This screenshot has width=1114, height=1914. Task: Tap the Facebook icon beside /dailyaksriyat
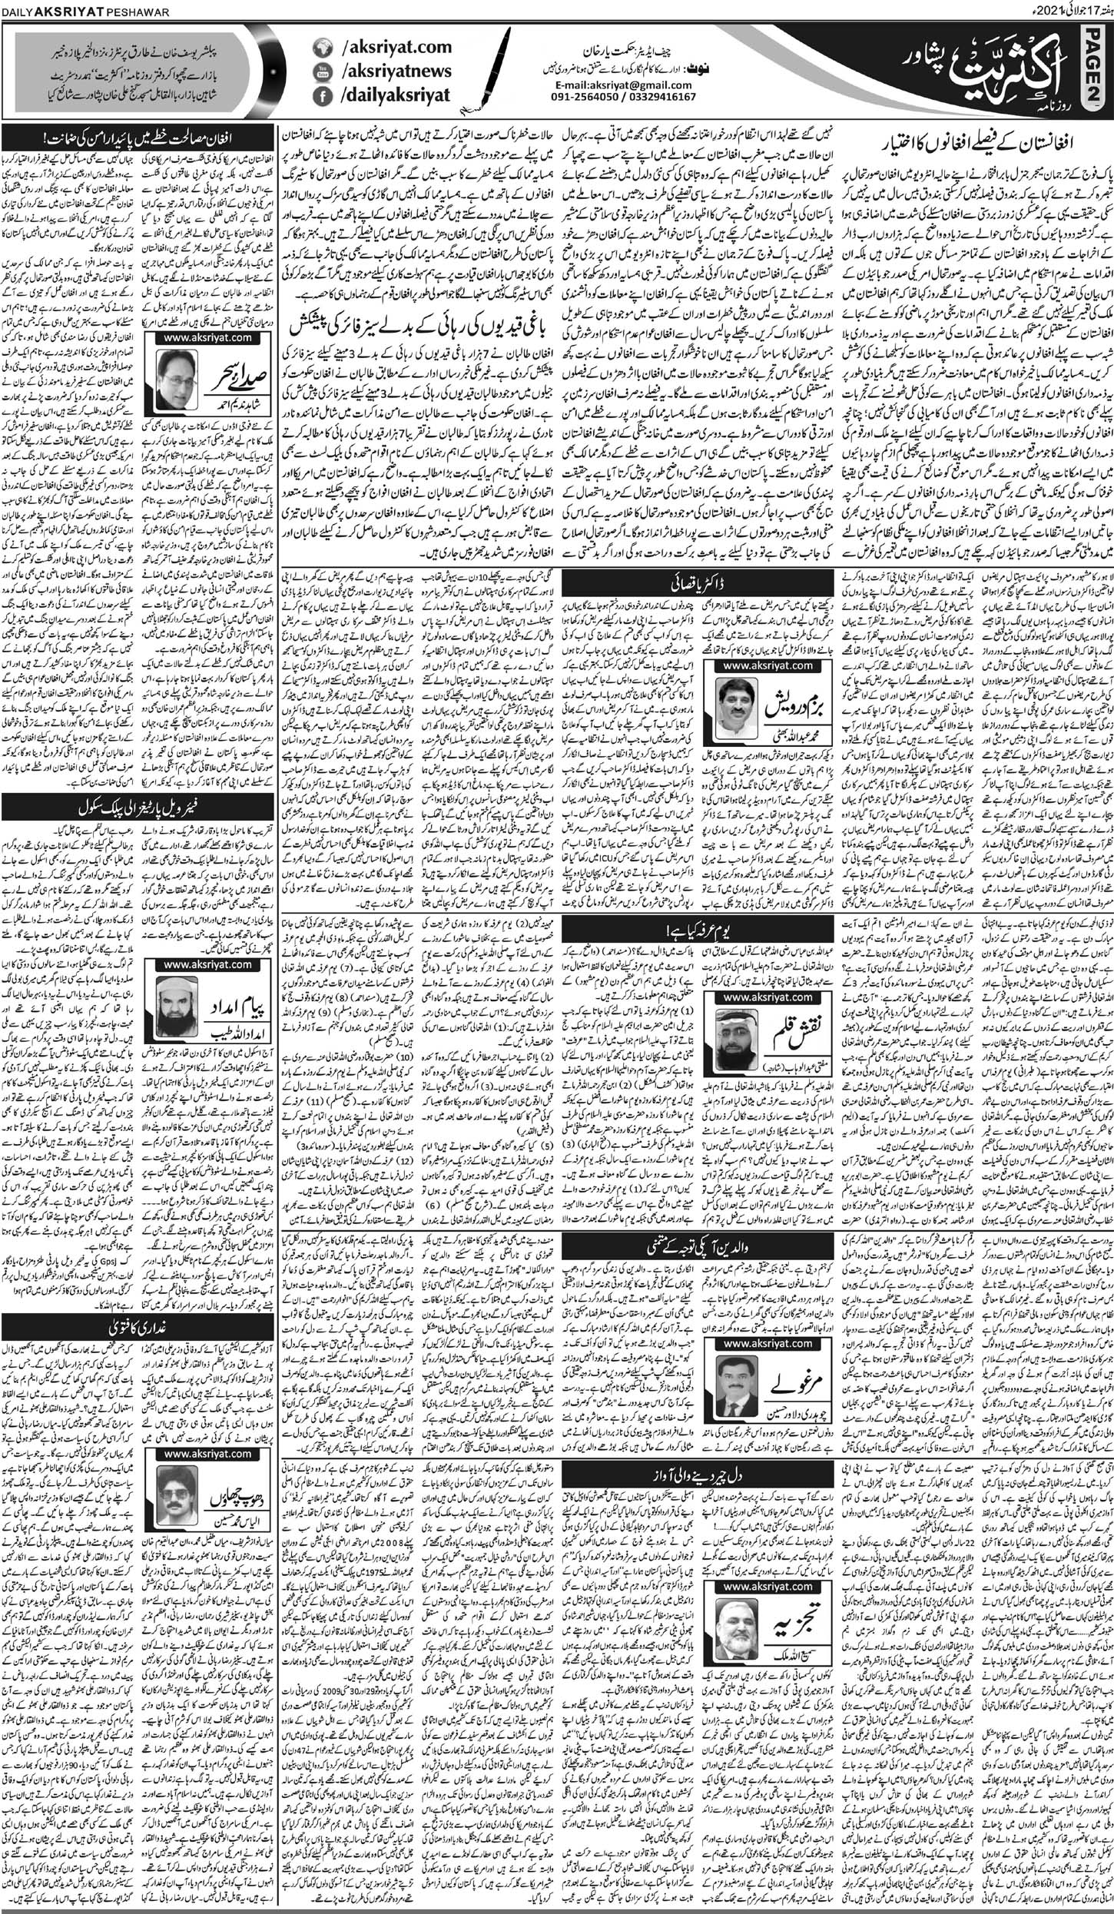click(x=321, y=95)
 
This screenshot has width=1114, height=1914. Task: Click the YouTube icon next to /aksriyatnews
click(x=321, y=71)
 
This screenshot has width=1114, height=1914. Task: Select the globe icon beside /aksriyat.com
click(x=321, y=48)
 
